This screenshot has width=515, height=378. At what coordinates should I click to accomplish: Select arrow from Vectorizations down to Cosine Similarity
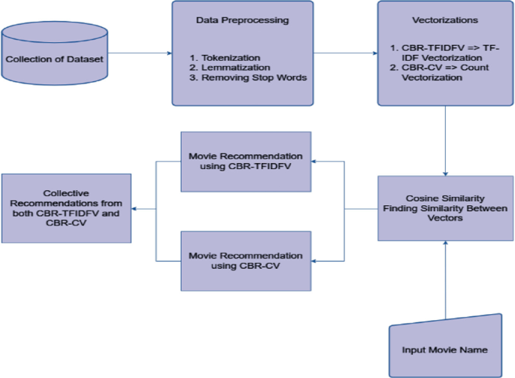coord(447,139)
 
